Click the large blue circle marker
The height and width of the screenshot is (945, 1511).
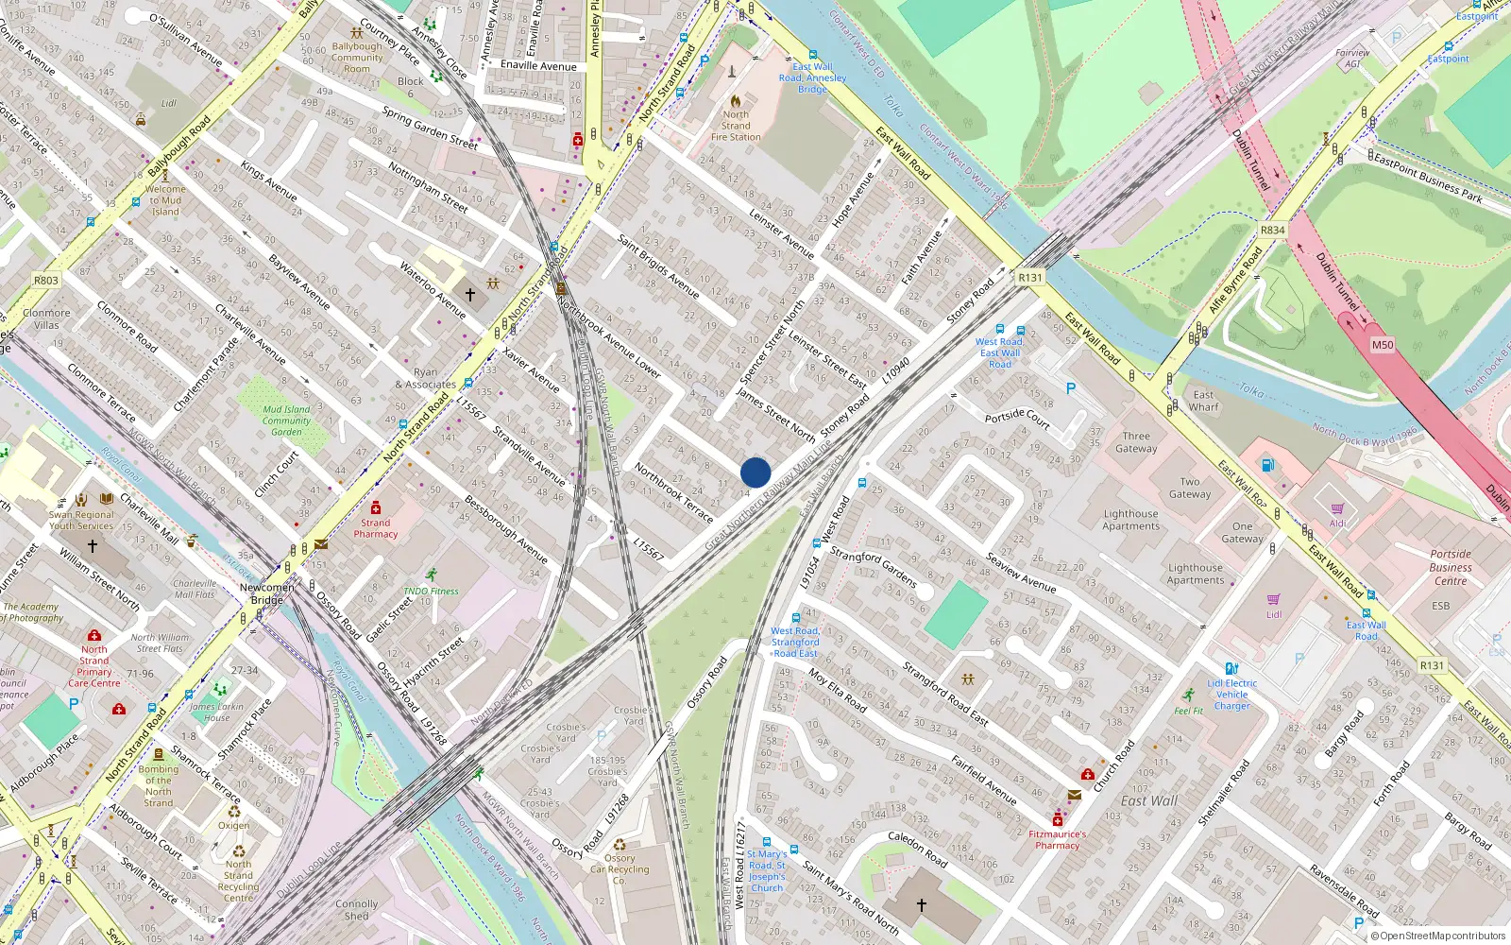pos(755,472)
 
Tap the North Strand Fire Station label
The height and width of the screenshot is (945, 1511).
pos(736,126)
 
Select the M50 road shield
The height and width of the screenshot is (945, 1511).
pos(1382,345)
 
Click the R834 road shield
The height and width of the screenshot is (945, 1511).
pos(1272,230)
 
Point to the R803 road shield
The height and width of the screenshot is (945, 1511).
pos(45,280)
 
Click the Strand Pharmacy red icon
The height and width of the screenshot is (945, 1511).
pos(376,507)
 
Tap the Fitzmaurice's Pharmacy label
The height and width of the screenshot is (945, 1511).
pos(1057,839)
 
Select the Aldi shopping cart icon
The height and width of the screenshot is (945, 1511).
pos(1337,509)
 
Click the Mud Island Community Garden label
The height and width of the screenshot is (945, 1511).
pos(286,421)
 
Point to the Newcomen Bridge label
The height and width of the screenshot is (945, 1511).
pos(266,593)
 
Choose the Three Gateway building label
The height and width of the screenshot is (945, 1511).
pos(1136,442)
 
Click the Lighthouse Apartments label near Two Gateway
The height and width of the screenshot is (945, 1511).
pos(1130,520)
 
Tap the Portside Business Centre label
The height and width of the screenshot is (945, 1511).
pos(1450,567)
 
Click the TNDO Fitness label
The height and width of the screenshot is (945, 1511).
pos(431,591)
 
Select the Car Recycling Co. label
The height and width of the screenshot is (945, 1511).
pos(620,869)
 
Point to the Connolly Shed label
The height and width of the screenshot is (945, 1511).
pos(356,909)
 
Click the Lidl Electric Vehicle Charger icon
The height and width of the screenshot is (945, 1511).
pos(1231,668)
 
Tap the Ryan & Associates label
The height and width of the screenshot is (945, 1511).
pos(425,378)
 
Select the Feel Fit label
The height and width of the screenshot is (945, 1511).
pos(1189,711)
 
